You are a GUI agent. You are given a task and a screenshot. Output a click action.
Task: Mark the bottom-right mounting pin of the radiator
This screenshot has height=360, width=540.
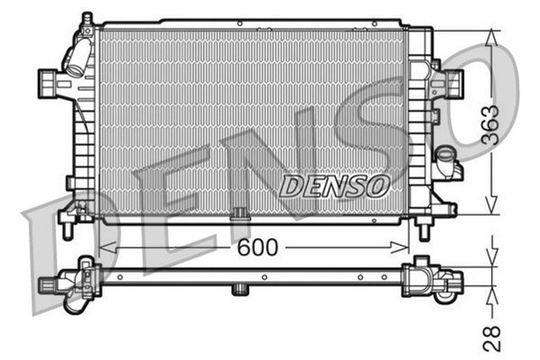425,226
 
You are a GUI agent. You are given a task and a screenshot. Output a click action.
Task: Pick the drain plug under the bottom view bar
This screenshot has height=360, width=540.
240,291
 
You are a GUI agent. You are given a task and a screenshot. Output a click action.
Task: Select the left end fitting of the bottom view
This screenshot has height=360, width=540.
72,282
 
